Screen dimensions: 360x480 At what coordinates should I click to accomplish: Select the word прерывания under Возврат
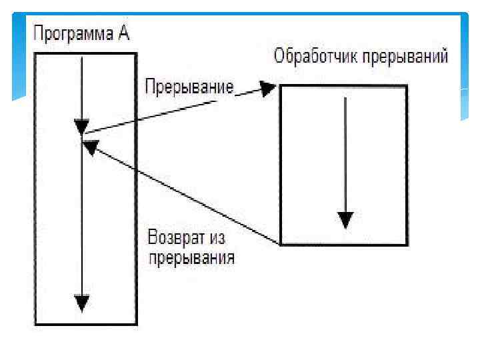191,257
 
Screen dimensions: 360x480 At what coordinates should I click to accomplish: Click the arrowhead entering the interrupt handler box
269,88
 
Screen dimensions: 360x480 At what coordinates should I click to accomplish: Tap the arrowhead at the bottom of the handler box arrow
345,219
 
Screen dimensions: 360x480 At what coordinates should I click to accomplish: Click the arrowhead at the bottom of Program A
81,303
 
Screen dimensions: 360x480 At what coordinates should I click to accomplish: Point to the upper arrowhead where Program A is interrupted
81,125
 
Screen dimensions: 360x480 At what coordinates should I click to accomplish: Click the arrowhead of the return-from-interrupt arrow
89,145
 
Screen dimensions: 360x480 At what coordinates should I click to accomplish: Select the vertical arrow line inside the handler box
345,153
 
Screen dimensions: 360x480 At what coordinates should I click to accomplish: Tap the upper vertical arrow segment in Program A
81,87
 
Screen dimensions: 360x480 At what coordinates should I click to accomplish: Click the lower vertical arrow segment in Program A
81,220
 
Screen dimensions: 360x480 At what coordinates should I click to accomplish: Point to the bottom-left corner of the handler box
281,245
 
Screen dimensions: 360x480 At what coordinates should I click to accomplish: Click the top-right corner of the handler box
407,86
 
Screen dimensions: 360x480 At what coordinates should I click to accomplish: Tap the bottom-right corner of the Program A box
137,325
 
